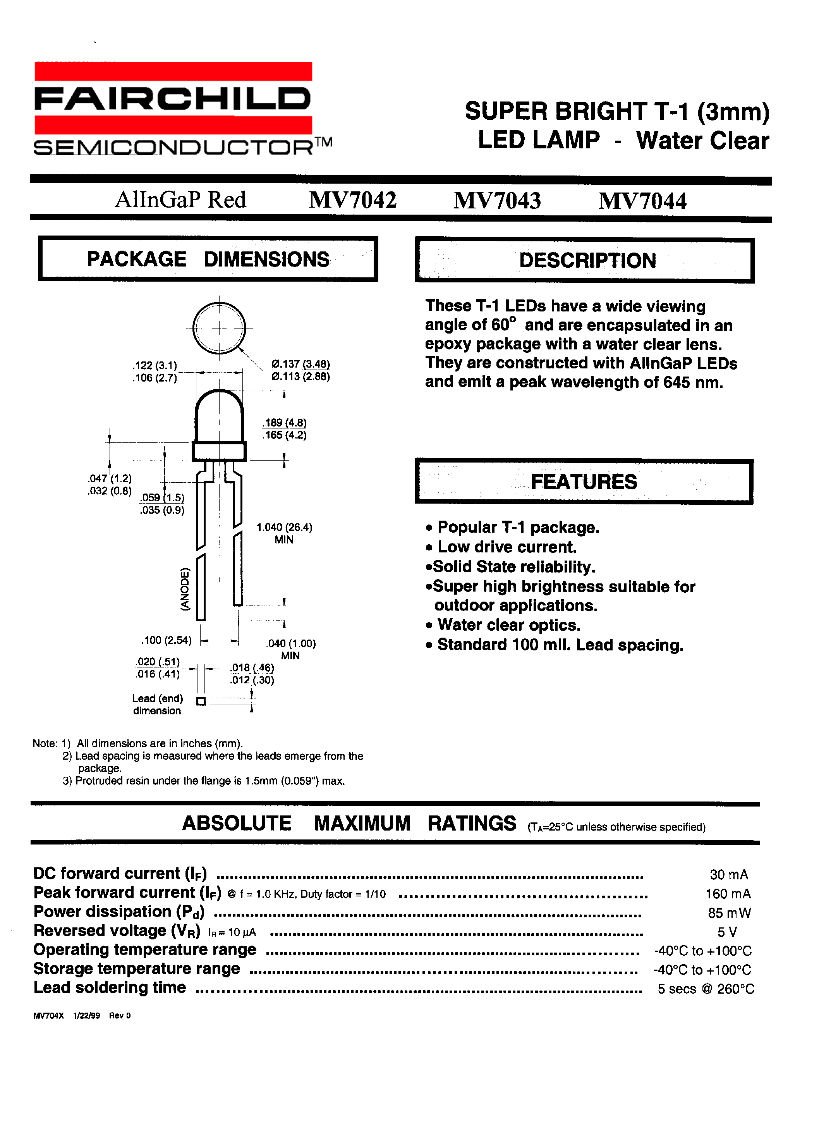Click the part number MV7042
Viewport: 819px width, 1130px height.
[352, 200]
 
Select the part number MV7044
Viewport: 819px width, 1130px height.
[642, 201]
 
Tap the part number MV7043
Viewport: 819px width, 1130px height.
[497, 200]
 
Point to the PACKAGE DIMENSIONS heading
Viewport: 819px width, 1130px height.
[208, 259]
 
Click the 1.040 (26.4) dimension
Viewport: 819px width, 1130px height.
[284, 527]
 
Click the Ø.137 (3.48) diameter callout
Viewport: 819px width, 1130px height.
[300, 364]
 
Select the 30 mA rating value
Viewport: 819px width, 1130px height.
[728, 874]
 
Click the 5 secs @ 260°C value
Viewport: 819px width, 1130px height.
[706, 989]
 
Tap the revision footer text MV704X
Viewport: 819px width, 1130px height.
[48, 1015]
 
